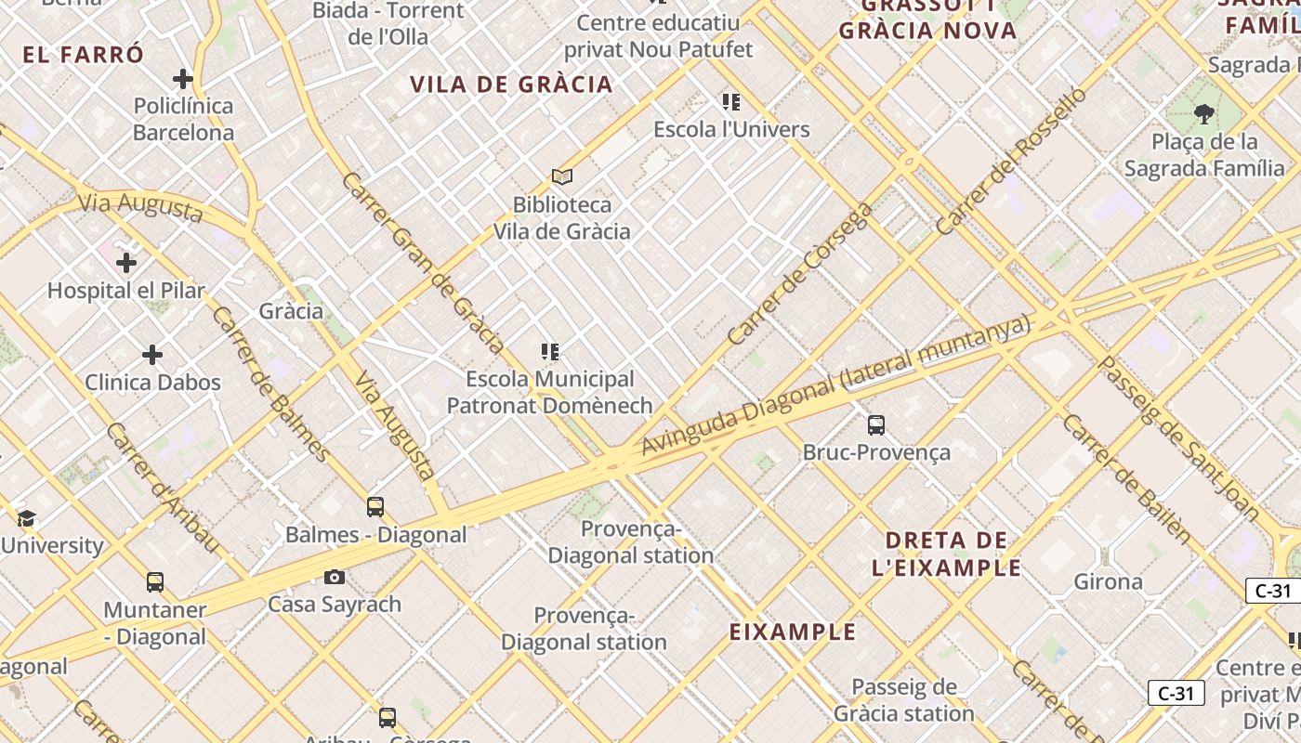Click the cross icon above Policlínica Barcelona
coord(183,79)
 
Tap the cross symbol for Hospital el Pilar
coord(126,263)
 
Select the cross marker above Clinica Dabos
coord(152,355)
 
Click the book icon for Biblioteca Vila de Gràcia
coord(561,176)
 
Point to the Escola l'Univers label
coord(731,129)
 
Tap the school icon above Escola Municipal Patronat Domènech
coord(550,352)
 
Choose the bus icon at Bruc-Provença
coord(876,425)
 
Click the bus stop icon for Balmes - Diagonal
coord(375,507)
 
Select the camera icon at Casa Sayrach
coord(335,578)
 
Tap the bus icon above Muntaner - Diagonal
coord(155,583)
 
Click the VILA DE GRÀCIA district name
coord(511,85)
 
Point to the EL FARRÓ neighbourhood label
coord(84,55)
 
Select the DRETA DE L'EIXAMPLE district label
coord(947,554)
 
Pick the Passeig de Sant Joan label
coord(1179,437)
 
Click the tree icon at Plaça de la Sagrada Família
coord(1204,115)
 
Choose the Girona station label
coord(1108,582)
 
